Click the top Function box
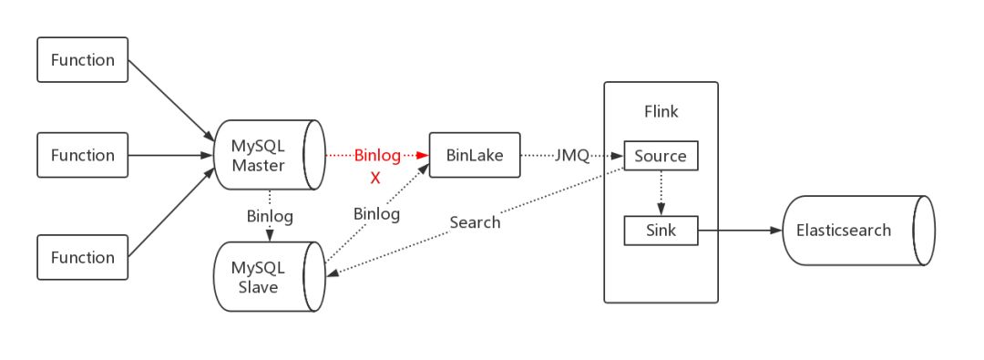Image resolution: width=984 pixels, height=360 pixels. (83, 60)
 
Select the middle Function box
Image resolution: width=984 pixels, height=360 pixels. (83, 155)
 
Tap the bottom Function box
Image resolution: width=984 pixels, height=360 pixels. (83, 257)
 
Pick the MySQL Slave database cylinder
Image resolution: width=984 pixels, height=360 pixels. (264, 277)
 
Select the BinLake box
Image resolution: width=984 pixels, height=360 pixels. (474, 155)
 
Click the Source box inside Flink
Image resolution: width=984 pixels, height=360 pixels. (661, 156)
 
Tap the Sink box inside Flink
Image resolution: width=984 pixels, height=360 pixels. (661, 231)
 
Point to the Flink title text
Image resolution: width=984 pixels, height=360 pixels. (661, 111)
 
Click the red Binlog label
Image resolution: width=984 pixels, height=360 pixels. (377, 156)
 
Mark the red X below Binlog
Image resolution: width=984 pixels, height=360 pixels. (374, 179)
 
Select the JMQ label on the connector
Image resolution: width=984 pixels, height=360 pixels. (571, 156)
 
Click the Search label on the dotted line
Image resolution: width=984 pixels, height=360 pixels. (475, 221)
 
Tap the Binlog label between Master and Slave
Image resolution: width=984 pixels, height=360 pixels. (270, 216)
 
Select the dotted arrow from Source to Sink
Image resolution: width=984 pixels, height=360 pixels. (660, 192)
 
